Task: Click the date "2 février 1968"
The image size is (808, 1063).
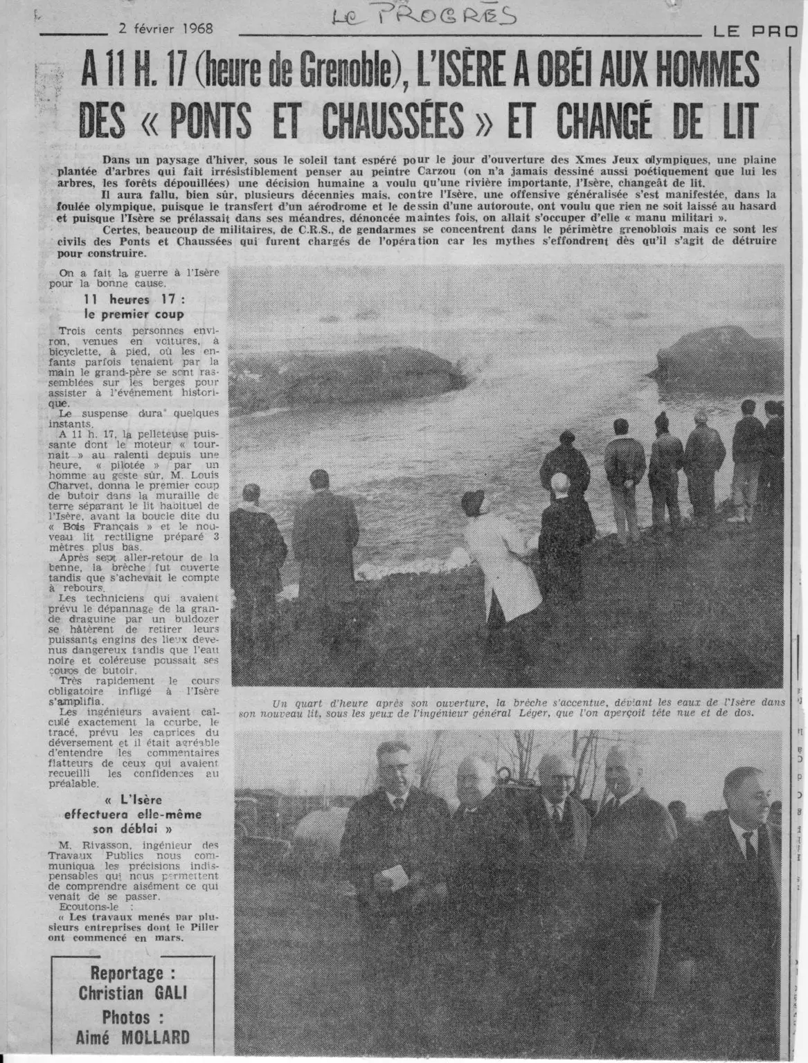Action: pos(165,29)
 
